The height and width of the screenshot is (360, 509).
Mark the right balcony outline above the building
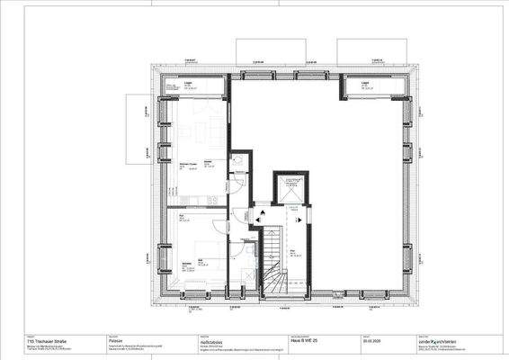pyautogui.click(x=367, y=50)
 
